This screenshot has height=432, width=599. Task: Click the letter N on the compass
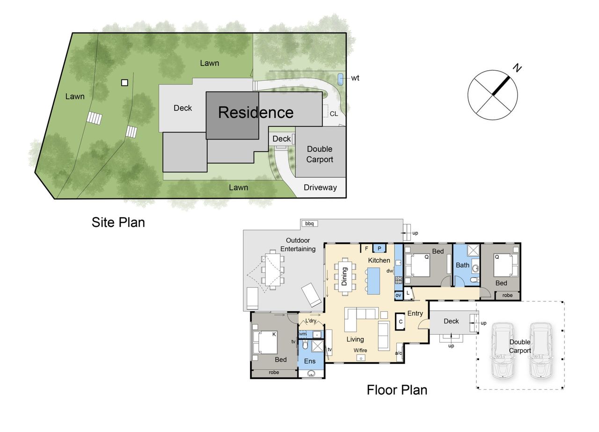coord(518,68)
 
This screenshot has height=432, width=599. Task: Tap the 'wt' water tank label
coord(355,78)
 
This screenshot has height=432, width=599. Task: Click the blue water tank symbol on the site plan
coord(340,79)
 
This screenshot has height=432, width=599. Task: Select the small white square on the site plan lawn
coord(124,83)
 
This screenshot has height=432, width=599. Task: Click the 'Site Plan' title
coord(118,222)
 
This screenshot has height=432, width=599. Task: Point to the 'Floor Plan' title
coord(397,390)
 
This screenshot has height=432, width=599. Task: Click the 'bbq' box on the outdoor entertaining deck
coord(309,223)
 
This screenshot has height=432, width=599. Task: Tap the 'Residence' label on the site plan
coord(256,112)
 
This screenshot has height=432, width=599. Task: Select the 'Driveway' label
coord(320,187)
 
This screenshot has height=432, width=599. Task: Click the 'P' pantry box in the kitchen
coord(379,249)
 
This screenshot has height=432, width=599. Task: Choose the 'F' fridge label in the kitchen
coord(366,249)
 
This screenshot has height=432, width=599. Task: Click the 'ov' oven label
coord(398,295)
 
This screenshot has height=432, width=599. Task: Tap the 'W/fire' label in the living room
coord(360,350)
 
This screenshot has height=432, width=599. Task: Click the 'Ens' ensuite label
coord(310,361)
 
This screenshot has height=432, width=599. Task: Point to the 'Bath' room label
coord(463,265)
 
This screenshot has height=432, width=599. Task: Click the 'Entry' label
coord(415,314)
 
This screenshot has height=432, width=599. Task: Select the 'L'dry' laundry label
coord(311,321)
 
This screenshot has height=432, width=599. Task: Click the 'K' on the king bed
coord(274,334)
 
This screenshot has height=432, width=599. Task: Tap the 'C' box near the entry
coord(401,322)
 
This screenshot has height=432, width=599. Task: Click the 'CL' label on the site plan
coord(334,114)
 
